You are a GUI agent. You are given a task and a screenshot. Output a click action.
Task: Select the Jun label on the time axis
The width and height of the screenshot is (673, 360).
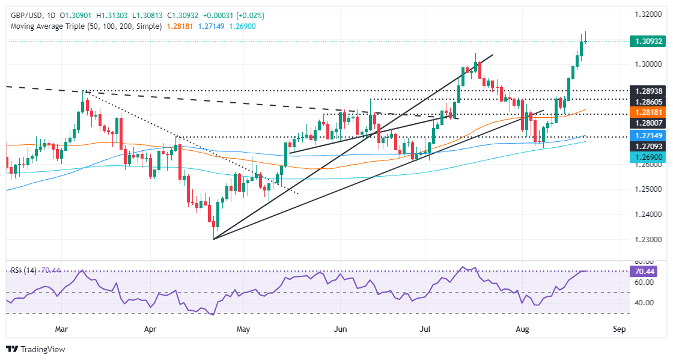coord(340,329)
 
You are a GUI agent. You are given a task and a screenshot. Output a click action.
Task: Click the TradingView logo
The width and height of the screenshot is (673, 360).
coord(35,349)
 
